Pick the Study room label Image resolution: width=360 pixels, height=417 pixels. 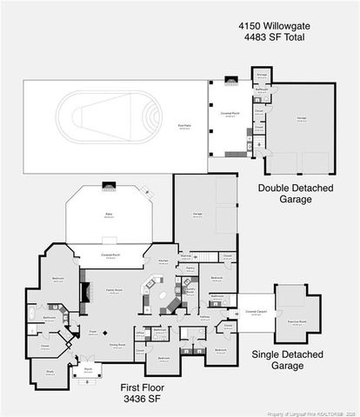(x=50, y=370)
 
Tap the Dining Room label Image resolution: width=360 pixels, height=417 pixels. (x=117, y=345)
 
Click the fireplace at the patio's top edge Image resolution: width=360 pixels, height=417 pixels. (x=109, y=185)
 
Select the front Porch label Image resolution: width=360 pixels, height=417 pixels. (x=88, y=370)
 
